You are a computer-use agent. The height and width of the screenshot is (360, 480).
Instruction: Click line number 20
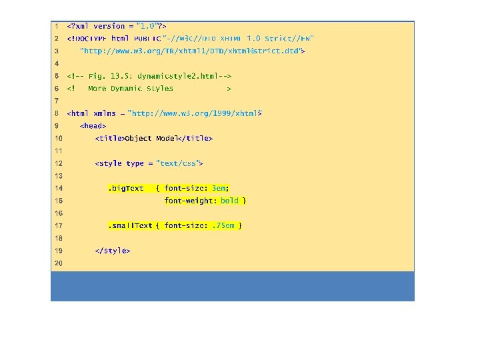58,263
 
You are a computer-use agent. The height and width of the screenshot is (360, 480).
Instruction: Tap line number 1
58,26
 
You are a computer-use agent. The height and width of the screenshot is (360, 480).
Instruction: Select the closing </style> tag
113,251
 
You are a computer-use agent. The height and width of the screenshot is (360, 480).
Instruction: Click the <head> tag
93,126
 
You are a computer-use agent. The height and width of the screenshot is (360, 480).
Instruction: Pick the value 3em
219,188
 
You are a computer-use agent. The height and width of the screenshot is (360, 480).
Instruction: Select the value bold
229,201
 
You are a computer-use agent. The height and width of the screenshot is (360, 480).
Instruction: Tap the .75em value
223,226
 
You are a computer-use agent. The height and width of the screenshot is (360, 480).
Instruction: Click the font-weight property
191,201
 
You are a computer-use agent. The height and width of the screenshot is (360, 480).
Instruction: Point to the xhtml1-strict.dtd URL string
190,51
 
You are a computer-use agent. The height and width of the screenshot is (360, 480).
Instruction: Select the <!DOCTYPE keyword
87,38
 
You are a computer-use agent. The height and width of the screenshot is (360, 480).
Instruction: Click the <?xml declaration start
77,26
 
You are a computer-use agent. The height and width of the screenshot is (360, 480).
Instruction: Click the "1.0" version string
147,26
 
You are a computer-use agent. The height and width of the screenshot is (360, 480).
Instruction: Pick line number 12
58,163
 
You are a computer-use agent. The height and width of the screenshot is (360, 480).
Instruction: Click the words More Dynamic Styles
130,88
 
